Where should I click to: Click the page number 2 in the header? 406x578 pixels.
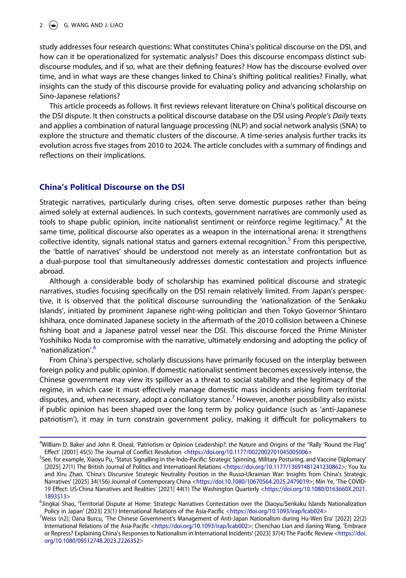click(x=41, y=25)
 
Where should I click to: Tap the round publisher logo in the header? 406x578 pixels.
click(x=54, y=25)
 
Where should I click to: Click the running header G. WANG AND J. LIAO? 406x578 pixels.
click(x=93, y=25)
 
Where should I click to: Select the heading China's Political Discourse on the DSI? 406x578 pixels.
click(x=112, y=187)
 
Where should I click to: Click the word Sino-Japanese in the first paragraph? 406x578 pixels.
click(x=61, y=96)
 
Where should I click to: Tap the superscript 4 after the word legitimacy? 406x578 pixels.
click(x=341, y=219)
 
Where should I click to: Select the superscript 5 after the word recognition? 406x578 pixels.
click(x=289, y=239)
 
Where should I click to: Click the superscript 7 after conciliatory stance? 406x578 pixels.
click(x=233, y=397)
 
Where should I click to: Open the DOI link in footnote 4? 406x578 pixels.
click(x=247, y=452)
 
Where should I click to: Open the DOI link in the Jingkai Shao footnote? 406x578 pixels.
click(x=276, y=511)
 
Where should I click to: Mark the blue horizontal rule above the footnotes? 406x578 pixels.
click(x=203, y=437)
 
